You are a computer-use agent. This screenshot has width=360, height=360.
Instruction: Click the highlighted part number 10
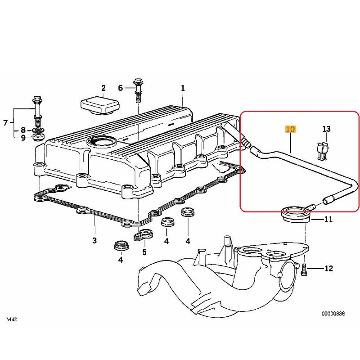click(x=290, y=130)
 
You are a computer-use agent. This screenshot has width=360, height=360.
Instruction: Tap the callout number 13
click(x=326, y=129)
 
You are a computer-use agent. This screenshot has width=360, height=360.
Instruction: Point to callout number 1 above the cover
click(x=183, y=88)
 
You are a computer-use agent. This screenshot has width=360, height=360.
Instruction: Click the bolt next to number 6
click(x=137, y=92)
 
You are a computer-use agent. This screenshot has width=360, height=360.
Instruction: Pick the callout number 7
click(x=6, y=122)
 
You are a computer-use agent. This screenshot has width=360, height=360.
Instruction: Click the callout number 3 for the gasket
click(x=94, y=241)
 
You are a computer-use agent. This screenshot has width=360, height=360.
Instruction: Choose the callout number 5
click(x=144, y=252)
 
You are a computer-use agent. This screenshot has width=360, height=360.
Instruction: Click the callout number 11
click(x=328, y=220)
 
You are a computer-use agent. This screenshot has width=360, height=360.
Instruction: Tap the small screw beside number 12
click(x=304, y=269)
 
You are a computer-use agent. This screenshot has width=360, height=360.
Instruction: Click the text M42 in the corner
click(x=13, y=319)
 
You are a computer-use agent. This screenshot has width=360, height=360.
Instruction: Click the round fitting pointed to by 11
click(x=295, y=213)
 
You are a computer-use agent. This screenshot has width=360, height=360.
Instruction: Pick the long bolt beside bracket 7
click(x=37, y=110)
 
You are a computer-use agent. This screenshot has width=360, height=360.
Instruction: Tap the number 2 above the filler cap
click(x=103, y=88)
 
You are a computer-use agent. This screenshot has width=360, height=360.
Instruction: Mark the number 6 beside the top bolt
click(x=120, y=88)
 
